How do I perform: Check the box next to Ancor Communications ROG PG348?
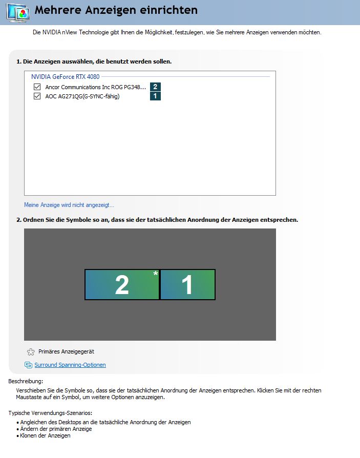[37, 87]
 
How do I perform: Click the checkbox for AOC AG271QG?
[37, 96]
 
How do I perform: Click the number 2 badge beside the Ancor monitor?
[155, 87]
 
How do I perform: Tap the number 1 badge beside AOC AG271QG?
[155, 96]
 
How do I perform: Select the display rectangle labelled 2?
[122, 284]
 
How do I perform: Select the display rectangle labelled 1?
[187, 284]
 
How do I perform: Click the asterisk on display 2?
[156, 274]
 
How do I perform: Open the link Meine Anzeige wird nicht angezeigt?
[69, 205]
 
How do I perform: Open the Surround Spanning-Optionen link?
[70, 365]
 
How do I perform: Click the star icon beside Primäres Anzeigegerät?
[31, 352]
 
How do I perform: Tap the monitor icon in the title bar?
[18, 13]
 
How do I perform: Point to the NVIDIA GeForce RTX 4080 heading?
[66, 76]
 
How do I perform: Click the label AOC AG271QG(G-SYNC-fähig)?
[82, 96]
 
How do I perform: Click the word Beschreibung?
[26, 381]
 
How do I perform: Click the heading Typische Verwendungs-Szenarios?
[50, 413]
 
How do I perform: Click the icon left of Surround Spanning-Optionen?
[28, 365]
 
